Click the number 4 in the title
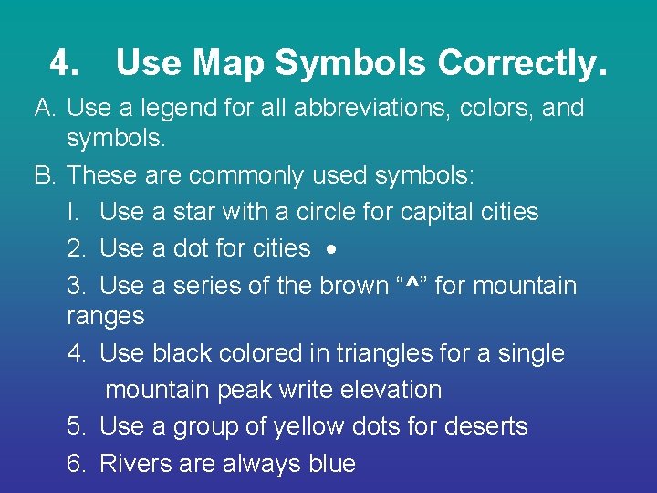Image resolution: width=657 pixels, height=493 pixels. point(63,63)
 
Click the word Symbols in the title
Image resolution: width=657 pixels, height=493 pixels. point(350,63)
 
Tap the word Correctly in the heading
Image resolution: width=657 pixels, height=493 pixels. point(521,63)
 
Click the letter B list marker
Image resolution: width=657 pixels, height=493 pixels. point(46,173)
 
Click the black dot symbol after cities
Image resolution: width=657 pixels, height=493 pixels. point(331,249)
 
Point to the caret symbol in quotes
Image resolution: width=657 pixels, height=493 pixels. point(413,286)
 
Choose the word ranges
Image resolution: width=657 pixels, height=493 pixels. point(106,317)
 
